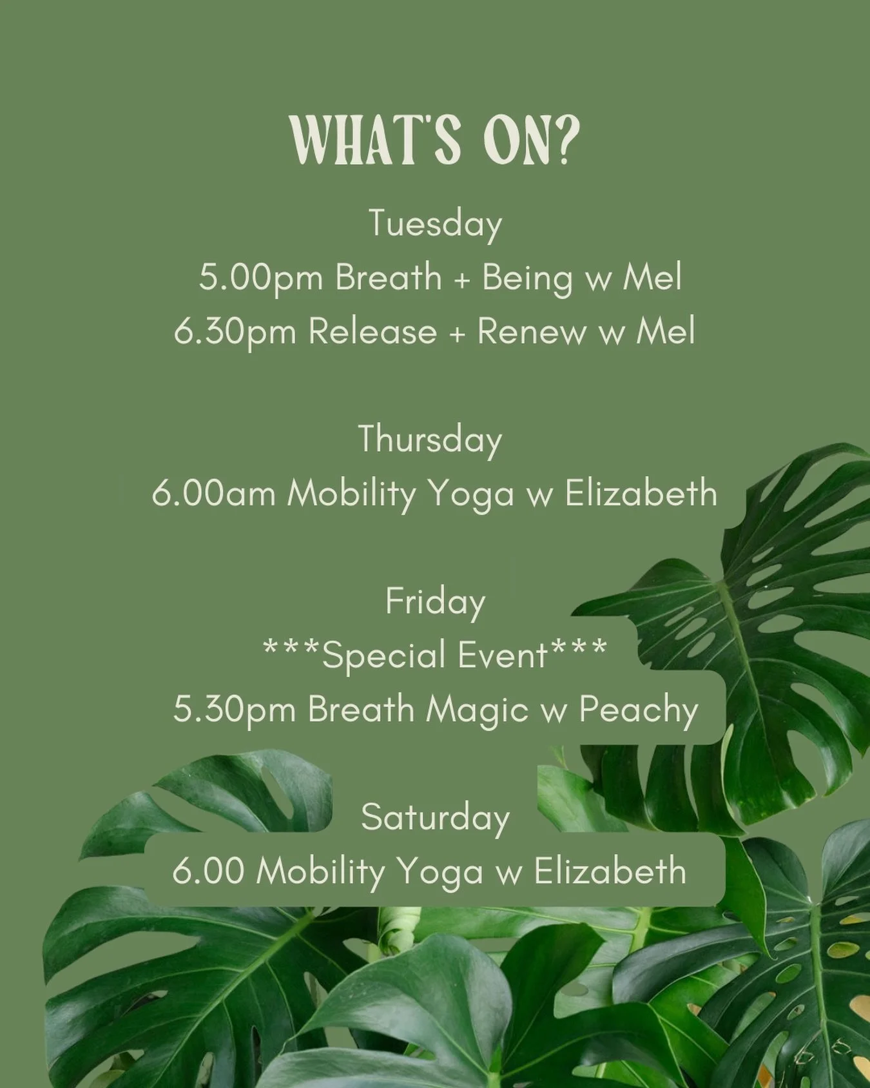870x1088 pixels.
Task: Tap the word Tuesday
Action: point(435,224)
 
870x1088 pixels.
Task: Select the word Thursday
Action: point(430,440)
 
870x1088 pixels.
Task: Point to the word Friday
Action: point(435,602)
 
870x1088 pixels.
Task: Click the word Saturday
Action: point(435,817)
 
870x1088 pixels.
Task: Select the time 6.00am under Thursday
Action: point(213,494)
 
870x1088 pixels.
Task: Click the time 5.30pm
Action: point(234,710)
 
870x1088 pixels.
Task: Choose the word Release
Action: point(372,333)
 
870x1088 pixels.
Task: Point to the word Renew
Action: point(530,333)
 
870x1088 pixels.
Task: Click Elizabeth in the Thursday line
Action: point(641,494)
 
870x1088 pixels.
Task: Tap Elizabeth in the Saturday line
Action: point(610,871)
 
